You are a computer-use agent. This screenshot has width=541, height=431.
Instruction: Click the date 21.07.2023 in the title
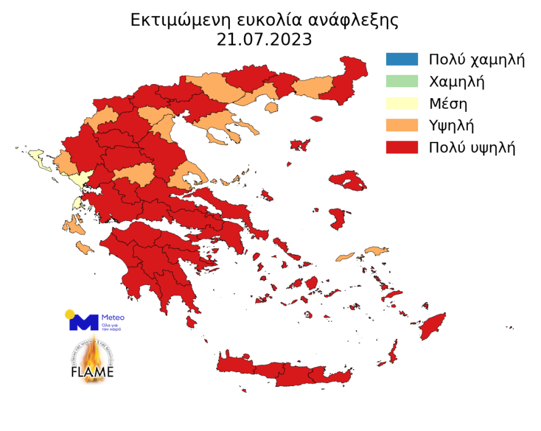(264, 40)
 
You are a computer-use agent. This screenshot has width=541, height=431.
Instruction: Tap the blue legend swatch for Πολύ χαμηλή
(401, 60)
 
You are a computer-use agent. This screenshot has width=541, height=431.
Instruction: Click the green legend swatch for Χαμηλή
(401, 81)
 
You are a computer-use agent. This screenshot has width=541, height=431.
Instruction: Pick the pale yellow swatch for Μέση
(401, 103)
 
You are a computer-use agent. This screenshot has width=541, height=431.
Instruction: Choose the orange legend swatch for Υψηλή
(401, 125)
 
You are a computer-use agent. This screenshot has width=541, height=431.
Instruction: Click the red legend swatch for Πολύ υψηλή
(401, 147)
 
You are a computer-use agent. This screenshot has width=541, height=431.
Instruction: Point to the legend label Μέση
(449, 103)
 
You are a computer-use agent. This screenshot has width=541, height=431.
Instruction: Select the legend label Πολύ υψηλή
(472, 147)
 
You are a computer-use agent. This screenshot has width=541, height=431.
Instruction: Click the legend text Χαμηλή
(457, 81)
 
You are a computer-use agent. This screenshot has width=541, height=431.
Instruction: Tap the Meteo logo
(95, 320)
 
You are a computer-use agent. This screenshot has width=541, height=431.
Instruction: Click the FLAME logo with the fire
(92, 362)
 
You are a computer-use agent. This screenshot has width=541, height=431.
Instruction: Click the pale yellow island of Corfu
(40, 160)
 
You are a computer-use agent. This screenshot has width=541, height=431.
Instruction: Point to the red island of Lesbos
(349, 181)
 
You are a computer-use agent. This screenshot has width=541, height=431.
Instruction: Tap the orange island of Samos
(376, 250)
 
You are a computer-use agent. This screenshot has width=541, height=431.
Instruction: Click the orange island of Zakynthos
(84, 248)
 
